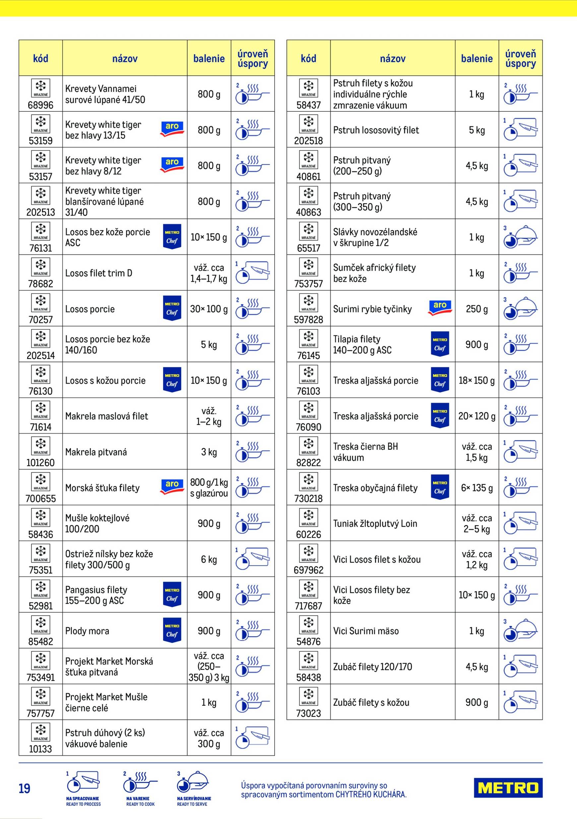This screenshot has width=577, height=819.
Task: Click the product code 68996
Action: click(40, 105)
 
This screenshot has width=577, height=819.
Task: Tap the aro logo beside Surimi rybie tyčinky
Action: click(440, 308)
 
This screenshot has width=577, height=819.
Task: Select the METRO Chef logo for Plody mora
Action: click(172, 630)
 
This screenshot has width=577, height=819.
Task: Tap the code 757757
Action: click(40, 713)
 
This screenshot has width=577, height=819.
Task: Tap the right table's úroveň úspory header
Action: click(520, 58)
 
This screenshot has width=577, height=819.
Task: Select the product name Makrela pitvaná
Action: click(96, 452)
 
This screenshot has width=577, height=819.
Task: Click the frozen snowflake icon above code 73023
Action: click(308, 694)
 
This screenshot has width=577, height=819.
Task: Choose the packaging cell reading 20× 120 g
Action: click(477, 416)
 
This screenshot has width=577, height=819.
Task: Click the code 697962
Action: click(308, 570)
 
